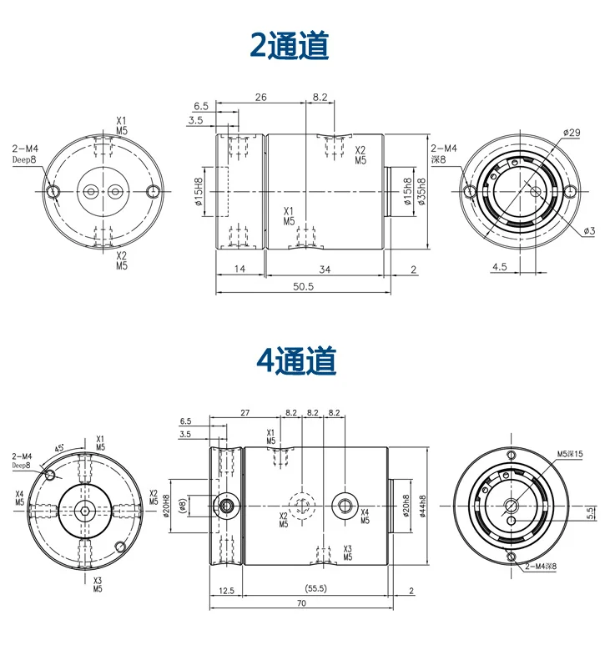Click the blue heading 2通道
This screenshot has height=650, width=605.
290,45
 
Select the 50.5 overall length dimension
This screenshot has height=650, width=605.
303,285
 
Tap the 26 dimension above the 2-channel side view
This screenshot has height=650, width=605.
260,98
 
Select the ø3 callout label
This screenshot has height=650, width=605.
588,230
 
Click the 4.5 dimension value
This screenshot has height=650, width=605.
500,267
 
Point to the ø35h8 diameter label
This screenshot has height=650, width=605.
421,193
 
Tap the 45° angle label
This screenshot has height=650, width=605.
60,447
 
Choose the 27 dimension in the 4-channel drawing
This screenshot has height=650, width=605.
245,412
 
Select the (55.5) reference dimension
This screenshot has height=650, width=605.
315,587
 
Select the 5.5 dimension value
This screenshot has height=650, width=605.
590,512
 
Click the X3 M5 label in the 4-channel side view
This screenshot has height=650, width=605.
347,553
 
